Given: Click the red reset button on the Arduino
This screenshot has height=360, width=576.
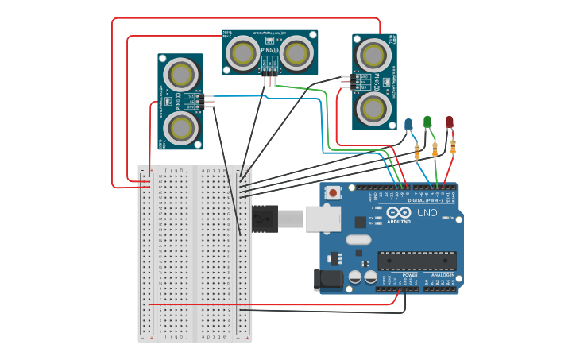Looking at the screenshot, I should click(x=332, y=192).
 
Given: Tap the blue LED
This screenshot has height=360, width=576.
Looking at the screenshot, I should click(x=408, y=124).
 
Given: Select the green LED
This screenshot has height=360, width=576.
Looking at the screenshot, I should click(x=427, y=122).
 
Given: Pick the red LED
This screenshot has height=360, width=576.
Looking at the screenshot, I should click(x=449, y=122).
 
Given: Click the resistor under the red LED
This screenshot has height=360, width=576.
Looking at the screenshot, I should click(x=453, y=146).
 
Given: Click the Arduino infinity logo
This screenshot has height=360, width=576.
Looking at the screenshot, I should click(x=398, y=214).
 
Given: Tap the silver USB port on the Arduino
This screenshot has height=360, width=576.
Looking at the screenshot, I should click(x=323, y=218).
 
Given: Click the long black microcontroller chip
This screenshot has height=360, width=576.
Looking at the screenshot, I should click(x=417, y=260).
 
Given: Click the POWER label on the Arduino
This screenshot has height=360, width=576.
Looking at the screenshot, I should click(x=398, y=275).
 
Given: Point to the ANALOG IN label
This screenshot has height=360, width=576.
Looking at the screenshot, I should click(x=443, y=275).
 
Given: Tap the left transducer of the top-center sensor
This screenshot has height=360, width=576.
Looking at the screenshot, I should click(x=242, y=53).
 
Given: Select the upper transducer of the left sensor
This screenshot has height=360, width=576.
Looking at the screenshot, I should click(x=182, y=75).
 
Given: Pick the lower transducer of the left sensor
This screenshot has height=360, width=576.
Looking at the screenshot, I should click(x=180, y=127).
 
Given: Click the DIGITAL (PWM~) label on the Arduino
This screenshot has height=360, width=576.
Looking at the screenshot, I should click(x=427, y=201).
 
